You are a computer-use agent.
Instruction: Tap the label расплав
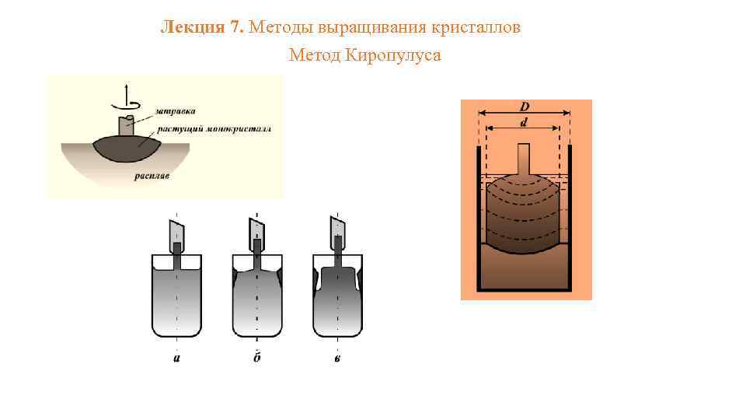click(x=151, y=177)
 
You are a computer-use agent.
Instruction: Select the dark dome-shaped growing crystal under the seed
click(x=126, y=148)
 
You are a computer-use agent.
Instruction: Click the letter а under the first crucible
click(x=177, y=358)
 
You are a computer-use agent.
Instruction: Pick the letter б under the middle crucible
click(x=257, y=358)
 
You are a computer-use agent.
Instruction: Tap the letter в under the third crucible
click(x=338, y=358)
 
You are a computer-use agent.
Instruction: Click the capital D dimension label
click(x=525, y=105)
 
